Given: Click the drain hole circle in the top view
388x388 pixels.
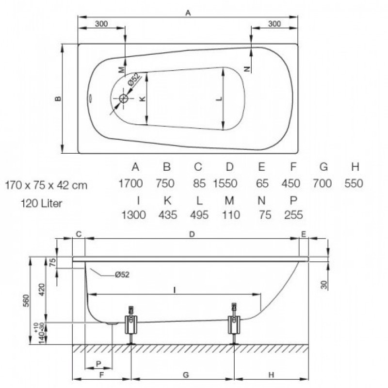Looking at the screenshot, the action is point(124,98).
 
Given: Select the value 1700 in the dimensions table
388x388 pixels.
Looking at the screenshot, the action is point(130,183).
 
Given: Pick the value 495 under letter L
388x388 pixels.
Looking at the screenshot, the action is point(199,215).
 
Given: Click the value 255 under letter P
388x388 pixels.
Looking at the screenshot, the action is point(293,215).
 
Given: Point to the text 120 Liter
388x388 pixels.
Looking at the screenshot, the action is point(41,203).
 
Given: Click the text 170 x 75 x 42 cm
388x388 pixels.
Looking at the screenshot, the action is point(46,185).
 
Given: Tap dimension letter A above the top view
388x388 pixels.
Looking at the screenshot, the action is point(188,13).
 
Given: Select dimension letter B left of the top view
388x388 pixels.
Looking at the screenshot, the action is point(58,98).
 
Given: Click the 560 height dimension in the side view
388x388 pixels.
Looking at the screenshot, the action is point(26,300).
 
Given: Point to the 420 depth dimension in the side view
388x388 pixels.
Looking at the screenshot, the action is point(42,290).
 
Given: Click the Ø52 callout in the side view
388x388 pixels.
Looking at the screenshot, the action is point(122,275).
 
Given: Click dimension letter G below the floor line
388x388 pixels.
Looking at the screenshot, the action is point(186,375).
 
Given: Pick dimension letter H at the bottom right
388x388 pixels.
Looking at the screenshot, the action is point(271,375).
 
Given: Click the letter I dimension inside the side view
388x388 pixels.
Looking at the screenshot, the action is point(175,290).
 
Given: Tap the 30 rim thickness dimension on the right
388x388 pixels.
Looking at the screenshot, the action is point(324,285).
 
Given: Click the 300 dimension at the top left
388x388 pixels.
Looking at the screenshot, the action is point(101,24).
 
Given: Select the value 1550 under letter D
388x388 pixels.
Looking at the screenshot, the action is point(225,183).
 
